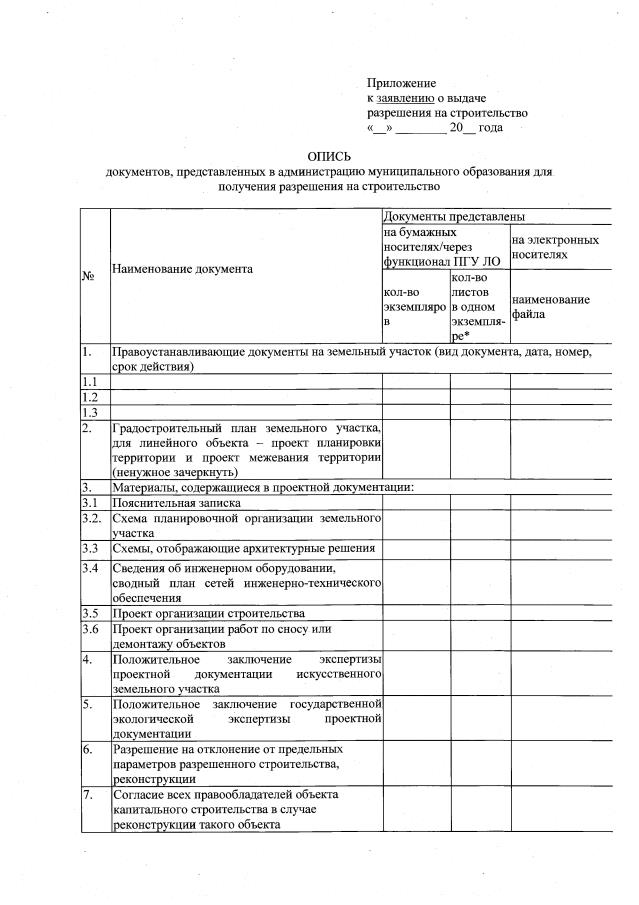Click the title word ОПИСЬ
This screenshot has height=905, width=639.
[329, 156]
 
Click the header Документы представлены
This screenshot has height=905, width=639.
[453, 217]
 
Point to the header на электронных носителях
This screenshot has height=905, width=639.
[555, 248]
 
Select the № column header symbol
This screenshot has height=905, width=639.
[87, 277]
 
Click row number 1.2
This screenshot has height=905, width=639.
[90, 397]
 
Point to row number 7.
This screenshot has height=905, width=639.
[88, 795]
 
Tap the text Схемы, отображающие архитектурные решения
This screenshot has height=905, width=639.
[244, 549]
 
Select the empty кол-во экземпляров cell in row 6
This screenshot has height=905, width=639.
[415, 764]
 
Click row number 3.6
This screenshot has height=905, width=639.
[91, 629]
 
